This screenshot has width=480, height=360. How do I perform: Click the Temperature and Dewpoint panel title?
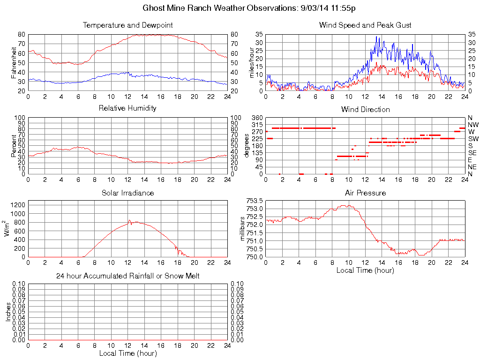click(127, 25)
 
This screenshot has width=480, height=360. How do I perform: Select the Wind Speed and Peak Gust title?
click(365, 25)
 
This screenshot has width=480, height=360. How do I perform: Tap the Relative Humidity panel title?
click(127, 108)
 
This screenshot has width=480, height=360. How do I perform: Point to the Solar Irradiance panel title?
click(127, 193)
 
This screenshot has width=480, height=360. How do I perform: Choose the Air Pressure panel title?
click(365, 193)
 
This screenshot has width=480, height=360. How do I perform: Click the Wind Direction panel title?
click(365, 109)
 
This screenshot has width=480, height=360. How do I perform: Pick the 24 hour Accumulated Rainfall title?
click(127, 276)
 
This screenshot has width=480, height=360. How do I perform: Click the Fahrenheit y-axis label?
click(14, 63)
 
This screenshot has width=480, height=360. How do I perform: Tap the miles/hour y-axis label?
click(252, 63)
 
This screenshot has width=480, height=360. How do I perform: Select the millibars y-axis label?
click(243, 228)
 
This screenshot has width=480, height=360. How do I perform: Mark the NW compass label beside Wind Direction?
click(473, 125)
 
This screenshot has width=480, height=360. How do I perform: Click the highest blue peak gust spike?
click(376, 37)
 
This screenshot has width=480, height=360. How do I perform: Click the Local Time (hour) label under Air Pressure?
click(365, 270)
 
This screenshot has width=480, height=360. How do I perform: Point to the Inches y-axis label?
click(8, 312)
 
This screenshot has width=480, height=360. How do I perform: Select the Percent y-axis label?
click(14, 145)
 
